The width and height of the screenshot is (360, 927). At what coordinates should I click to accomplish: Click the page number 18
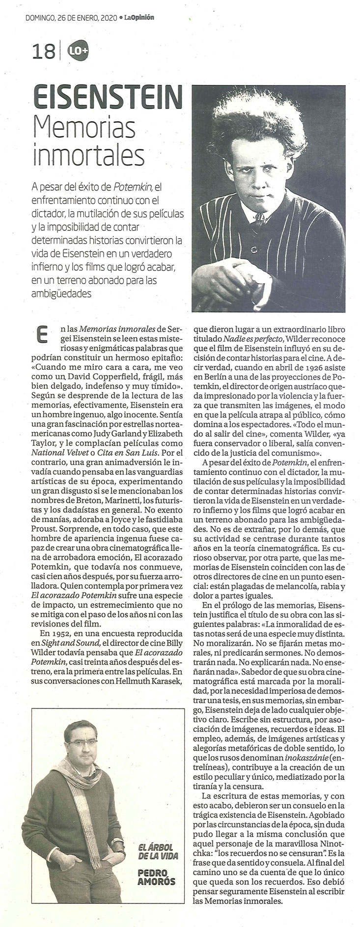coord(43,51)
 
